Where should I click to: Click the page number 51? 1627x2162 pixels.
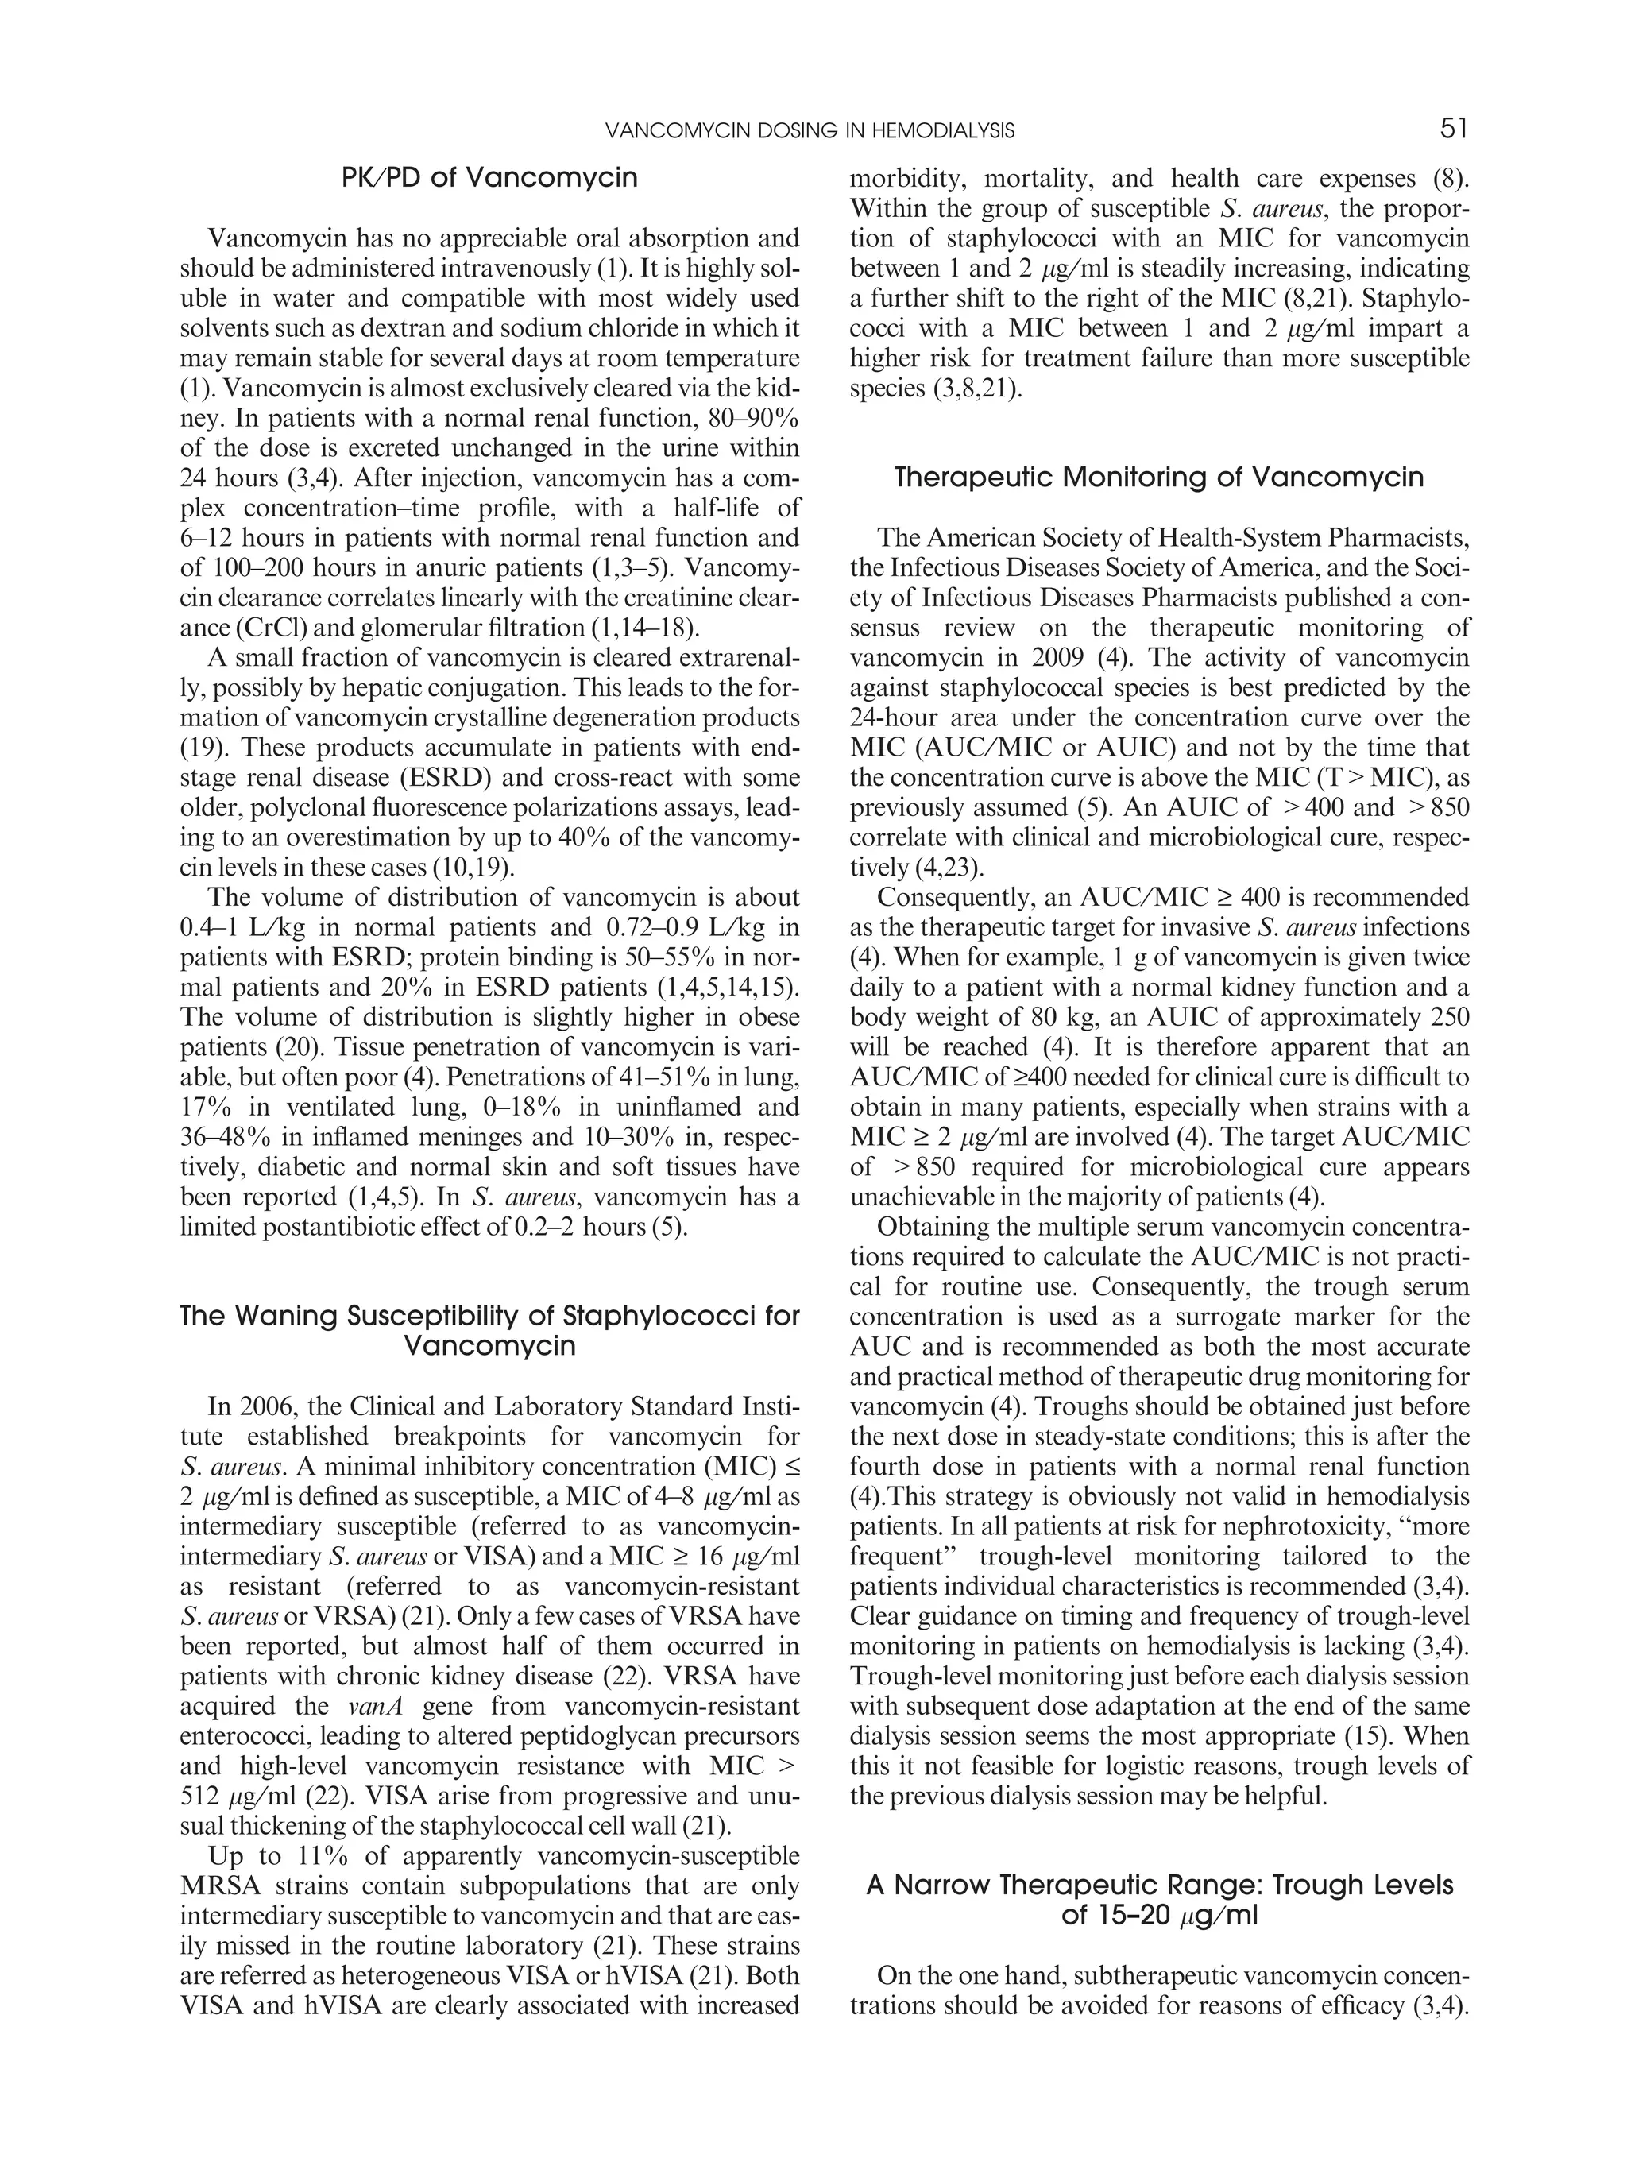(x=1453, y=129)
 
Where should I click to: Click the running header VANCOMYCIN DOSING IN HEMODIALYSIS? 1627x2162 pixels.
(x=810, y=131)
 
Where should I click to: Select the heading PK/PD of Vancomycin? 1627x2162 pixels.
(x=489, y=178)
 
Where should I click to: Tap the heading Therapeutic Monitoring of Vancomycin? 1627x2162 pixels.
(x=1159, y=478)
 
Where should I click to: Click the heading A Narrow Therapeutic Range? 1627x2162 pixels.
(x=1159, y=1885)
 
